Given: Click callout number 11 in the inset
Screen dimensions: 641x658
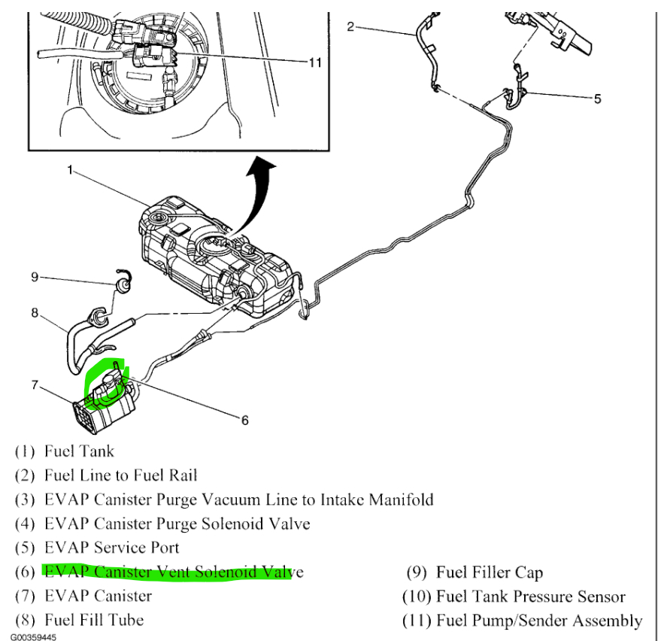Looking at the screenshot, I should [314, 62].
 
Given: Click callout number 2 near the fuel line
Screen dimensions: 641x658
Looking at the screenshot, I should [350, 27].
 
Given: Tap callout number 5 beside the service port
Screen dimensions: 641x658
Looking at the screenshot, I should [597, 99].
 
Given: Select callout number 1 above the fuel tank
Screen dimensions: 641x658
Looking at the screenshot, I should [70, 171].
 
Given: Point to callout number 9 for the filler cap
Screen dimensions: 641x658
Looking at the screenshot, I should [35, 277].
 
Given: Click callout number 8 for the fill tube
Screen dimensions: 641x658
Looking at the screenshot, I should [35, 311].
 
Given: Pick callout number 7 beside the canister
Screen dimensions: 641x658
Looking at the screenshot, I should [35, 385].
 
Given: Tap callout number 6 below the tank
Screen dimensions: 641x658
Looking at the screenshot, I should [244, 421].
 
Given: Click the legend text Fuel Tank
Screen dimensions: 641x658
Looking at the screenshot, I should [79, 451].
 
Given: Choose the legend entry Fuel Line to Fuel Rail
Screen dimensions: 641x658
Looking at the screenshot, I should [120, 475].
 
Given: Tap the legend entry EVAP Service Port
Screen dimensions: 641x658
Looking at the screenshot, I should [111, 548].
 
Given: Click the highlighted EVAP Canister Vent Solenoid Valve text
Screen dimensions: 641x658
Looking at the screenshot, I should [174, 572].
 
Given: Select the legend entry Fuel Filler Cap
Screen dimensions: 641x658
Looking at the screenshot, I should [489, 573].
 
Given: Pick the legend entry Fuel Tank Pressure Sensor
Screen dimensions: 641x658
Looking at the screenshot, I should [529, 597].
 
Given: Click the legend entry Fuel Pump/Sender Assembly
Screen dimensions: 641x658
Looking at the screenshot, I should [538, 621].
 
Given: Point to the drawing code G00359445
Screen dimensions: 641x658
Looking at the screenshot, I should [33, 636].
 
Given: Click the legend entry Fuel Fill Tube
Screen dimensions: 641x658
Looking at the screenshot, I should [94, 621].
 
